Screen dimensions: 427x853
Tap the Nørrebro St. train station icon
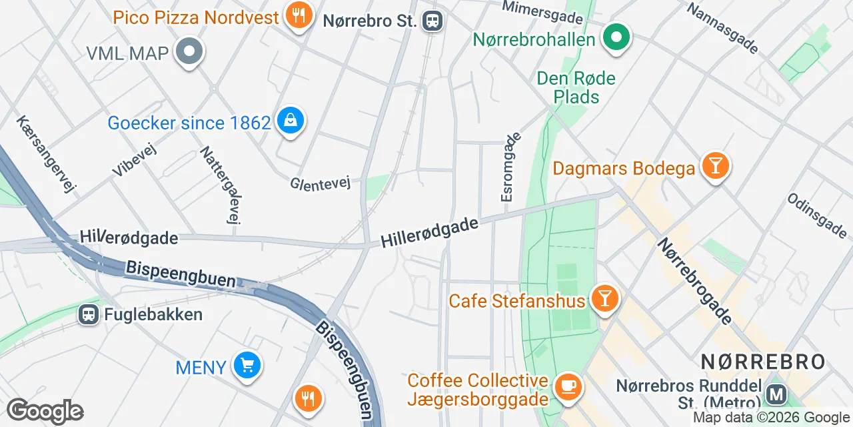pyautogui.click(x=433, y=21)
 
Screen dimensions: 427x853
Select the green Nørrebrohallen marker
pyautogui.click(x=617, y=37)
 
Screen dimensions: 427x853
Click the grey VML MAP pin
pyautogui.click(x=189, y=51)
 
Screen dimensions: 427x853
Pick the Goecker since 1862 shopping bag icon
pyautogui.click(x=291, y=121)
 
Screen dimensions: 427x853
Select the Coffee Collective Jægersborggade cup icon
pyautogui.click(x=568, y=387)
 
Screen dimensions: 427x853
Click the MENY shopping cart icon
pyautogui.click(x=247, y=365)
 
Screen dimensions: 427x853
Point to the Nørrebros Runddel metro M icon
pyautogui.click(x=776, y=395)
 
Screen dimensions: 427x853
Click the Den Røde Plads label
pyautogui.click(x=576, y=87)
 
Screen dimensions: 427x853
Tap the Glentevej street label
pyautogui.click(x=320, y=183)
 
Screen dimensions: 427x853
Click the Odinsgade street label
pyautogui.click(x=816, y=215)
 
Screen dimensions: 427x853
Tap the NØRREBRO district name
pyautogui.click(x=763, y=362)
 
